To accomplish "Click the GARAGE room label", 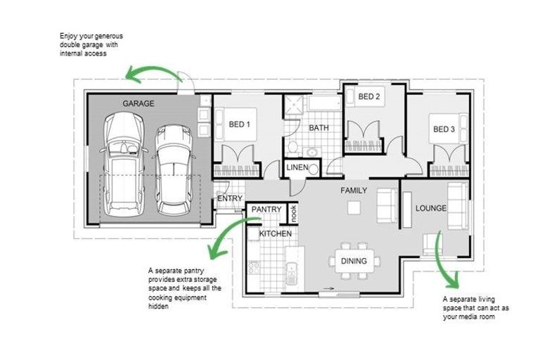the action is pos(139,103).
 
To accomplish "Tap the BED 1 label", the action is pos(239,124).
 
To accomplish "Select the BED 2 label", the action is pos(369,96).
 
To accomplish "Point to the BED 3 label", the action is pos(444,129).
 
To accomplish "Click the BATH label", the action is pos(319,128).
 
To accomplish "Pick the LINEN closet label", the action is pos(297,167).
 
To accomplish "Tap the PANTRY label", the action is pos(266,210).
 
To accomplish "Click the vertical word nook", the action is pos(293,213).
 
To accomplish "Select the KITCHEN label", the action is pos(275,233).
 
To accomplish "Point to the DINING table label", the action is pos(354,261).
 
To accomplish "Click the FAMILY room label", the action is pos(354,191).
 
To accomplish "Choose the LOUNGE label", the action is pos(431,208).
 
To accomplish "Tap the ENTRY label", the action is pos(230,198).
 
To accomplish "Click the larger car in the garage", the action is pos(123,165).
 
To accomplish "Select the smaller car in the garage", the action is pos(173,170).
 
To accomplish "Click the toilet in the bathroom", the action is pos(292,146).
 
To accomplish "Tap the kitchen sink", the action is pos(291,274).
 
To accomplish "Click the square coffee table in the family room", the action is pos(354,207).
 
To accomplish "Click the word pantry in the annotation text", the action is pos(194,271).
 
